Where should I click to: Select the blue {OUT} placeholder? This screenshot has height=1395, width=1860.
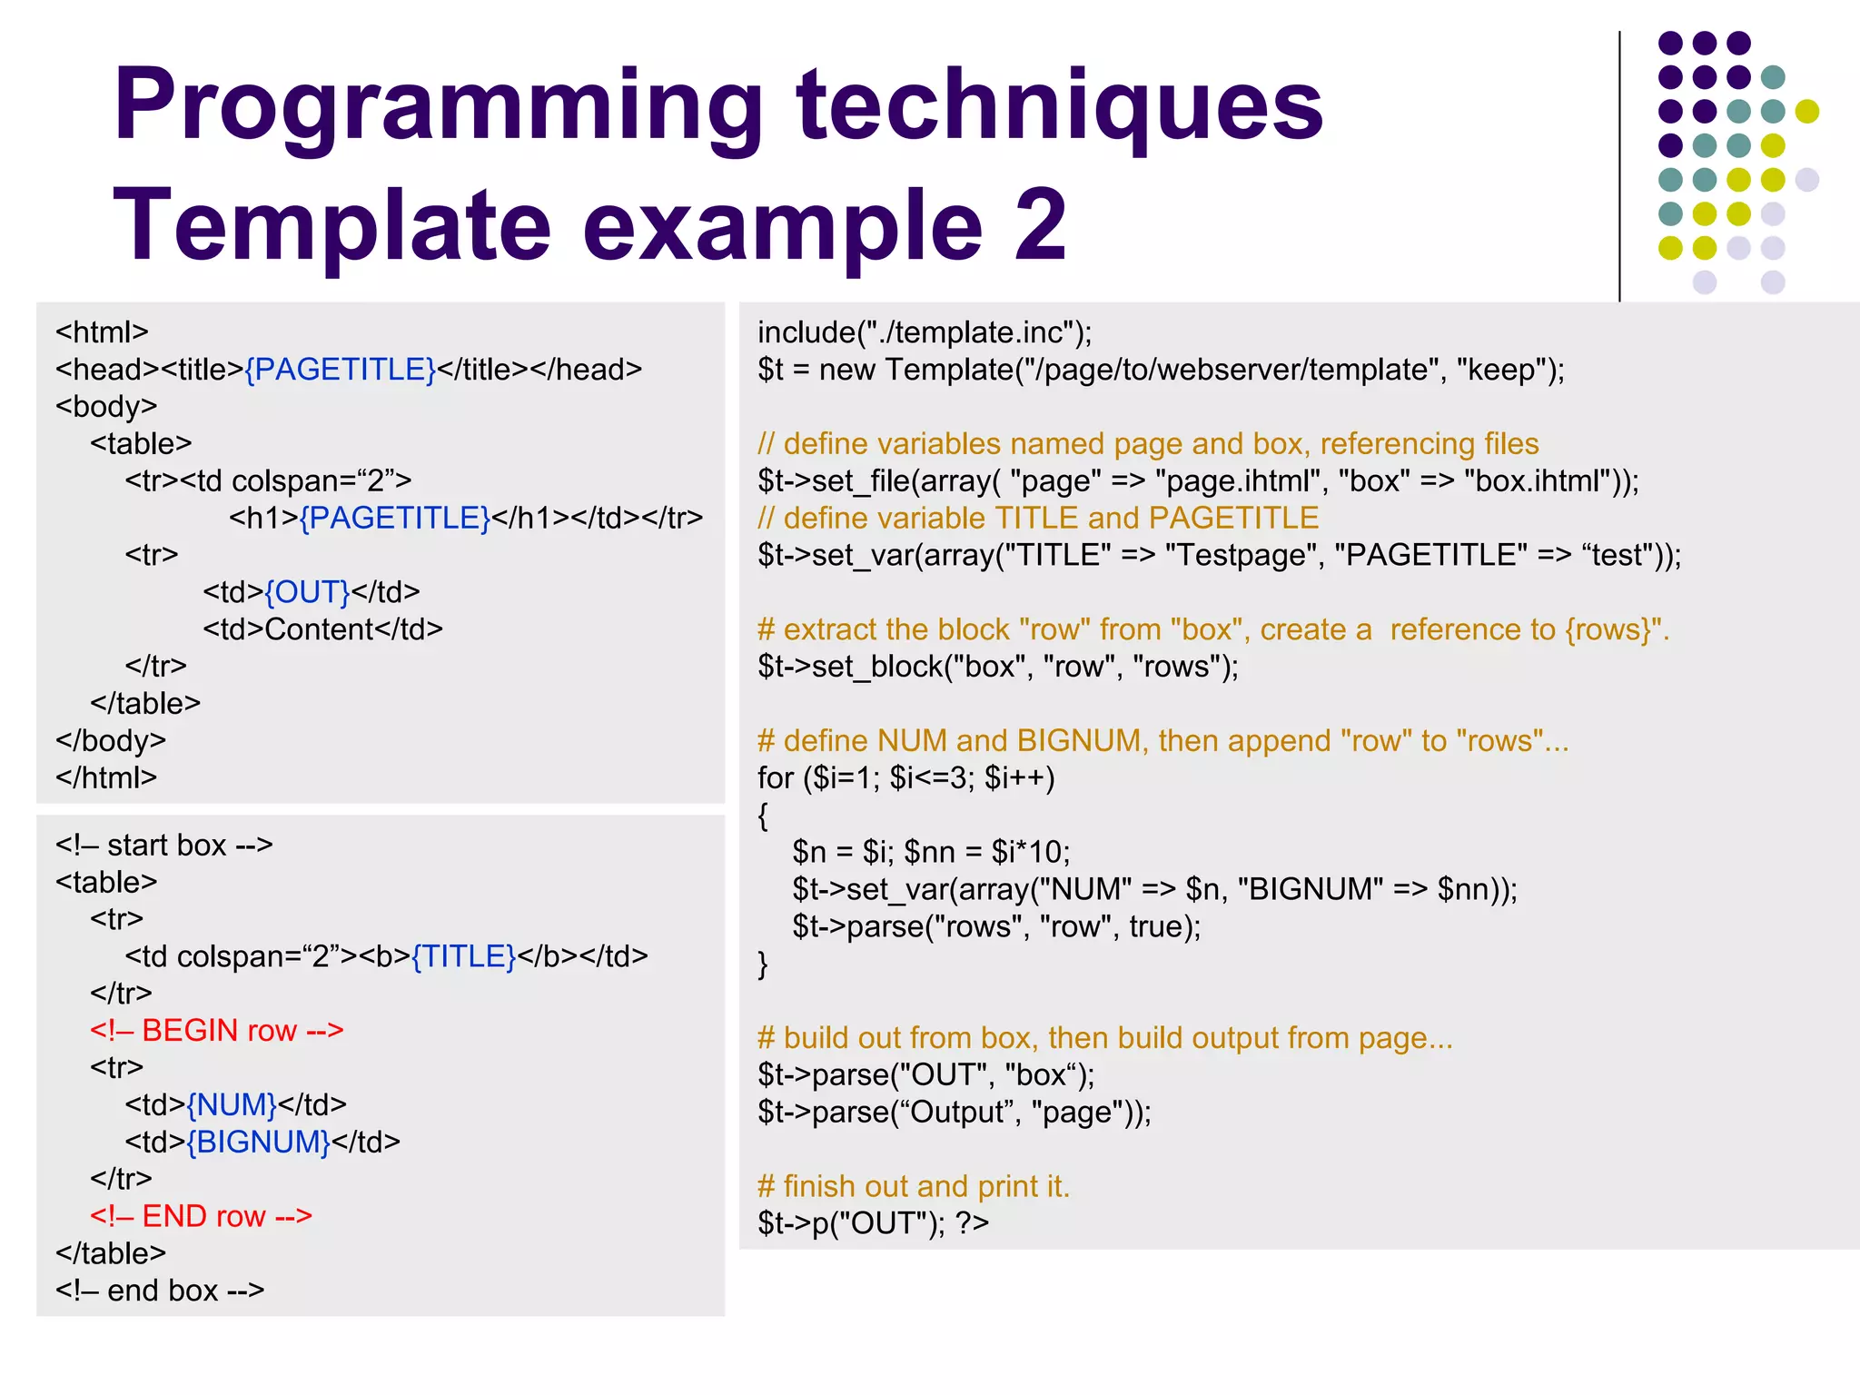click(x=307, y=592)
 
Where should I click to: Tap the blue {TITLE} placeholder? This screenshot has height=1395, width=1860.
click(x=463, y=956)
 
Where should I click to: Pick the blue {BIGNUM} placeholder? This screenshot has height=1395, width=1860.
click(x=259, y=1142)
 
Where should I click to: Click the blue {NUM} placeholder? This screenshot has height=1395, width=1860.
click(x=232, y=1104)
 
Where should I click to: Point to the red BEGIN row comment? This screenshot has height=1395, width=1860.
click(x=217, y=1031)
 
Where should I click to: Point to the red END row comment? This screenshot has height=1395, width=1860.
click(x=201, y=1216)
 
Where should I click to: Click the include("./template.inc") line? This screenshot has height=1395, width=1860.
click(x=925, y=332)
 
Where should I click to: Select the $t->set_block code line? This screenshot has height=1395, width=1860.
click(x=997, y=667)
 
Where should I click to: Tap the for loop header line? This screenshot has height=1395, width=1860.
click(x=905, y=778)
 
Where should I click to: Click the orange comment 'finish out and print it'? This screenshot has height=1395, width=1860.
click(x=914, y=1186)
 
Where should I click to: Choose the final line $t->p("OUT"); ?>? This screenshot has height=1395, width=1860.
click(x=873, y=1223)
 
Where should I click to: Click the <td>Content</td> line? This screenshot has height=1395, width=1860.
click(x=322, y=629)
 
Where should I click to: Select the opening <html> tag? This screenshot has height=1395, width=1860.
click(x=102, y=332)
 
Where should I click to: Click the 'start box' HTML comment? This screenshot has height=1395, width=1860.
click(x=163, y=846)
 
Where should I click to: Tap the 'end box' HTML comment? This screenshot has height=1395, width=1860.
click(x=160, y=1291)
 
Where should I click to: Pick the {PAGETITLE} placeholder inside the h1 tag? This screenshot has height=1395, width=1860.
click(x=395, y=518)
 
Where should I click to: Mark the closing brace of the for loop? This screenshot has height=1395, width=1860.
click(x=763, y=964)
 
